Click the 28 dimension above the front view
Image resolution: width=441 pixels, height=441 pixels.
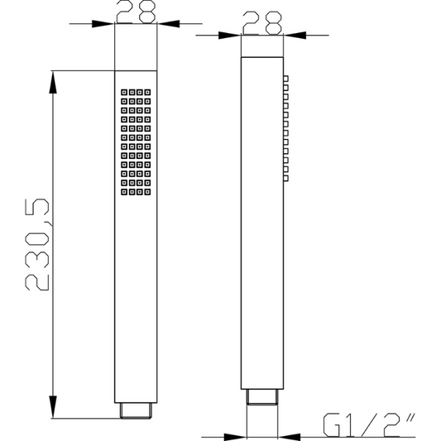[x=136, y=12]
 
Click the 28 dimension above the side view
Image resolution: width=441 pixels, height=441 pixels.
[x=262, y=23]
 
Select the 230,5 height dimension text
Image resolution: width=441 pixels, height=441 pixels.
[x=37, y=244]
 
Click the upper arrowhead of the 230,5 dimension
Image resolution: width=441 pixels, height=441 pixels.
[x=53, y=82]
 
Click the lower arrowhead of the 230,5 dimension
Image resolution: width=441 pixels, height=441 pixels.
[x=53, y=407]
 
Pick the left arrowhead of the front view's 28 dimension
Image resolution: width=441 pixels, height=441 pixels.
[x=103, y=24]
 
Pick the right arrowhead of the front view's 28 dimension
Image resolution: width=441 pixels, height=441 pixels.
[x=169, y=24]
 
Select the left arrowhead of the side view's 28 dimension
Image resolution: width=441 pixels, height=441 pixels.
[x=229, y=36]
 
